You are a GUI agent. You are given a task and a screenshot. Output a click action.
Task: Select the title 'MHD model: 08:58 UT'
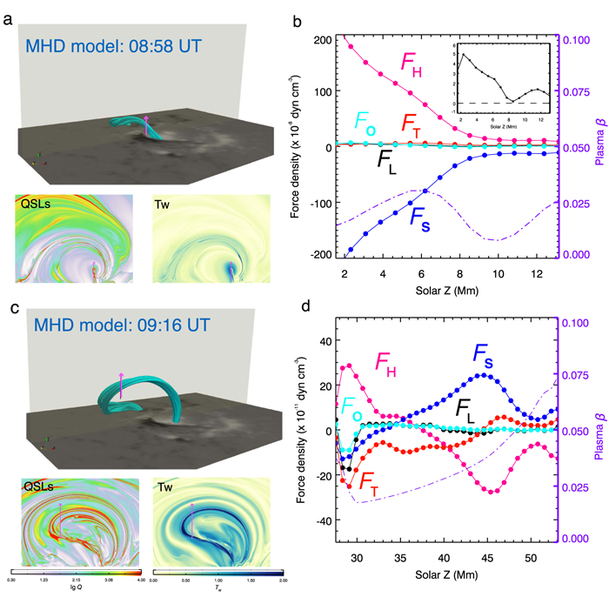(109, 44)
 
